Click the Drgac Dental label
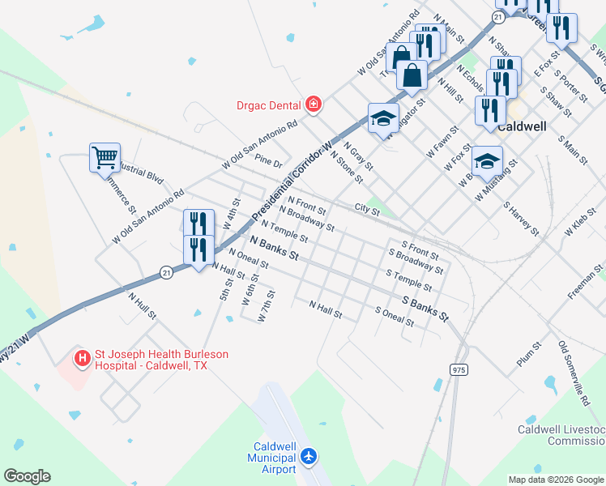pos(268,104)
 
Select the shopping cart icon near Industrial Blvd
pos(105,157)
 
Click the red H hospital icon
pos(82,357)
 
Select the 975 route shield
pos(459,369)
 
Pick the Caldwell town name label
pos(521,127)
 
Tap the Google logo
pos(27,476)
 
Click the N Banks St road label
pos(274,248)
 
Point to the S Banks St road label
pos(425,308)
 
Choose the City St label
pos(367,211)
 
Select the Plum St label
pos(528,353)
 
